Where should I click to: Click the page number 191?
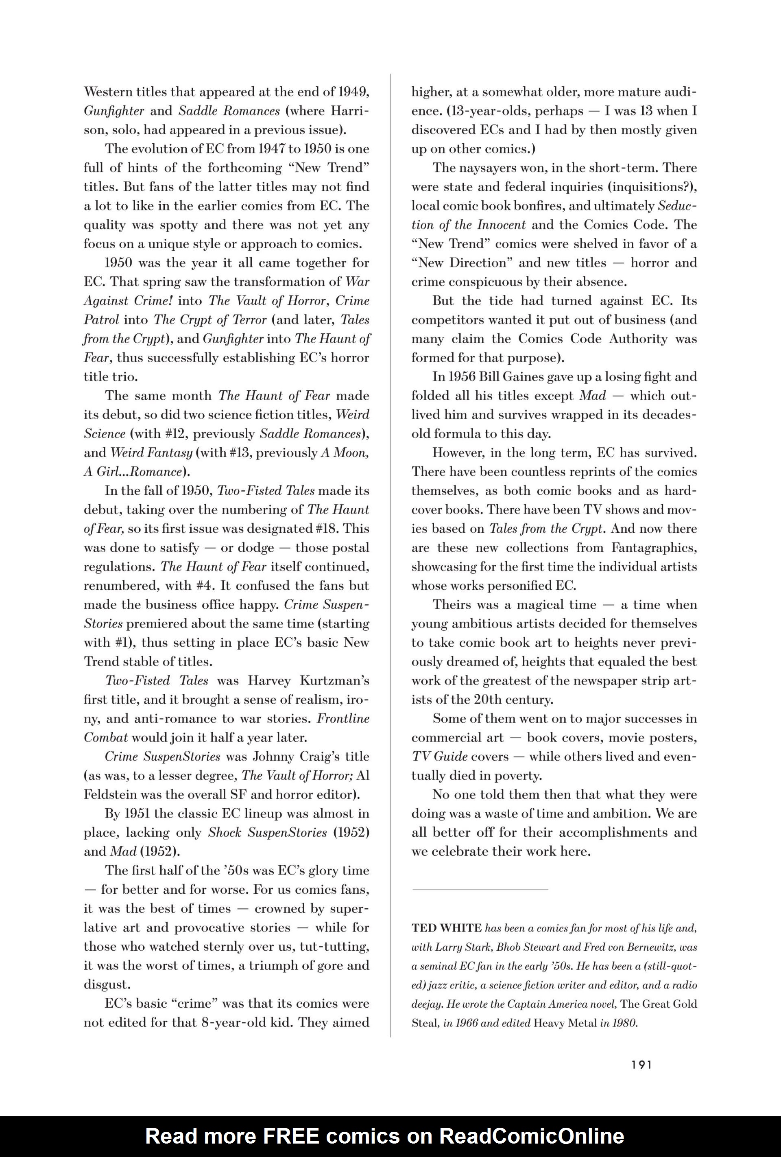pyautogui.click(x=641, y=1065)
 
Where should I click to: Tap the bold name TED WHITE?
pyautogui.click(x=447, y=928)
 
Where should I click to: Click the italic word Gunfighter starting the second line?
pyautogui.click(x=114, y=111)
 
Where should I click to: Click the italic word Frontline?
pyautogui.click(x=343, y=718)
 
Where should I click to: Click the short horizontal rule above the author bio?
pyautogui.click(x=480, y=889)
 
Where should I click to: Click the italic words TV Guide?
pyautogui.click(x=438, y=757)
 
